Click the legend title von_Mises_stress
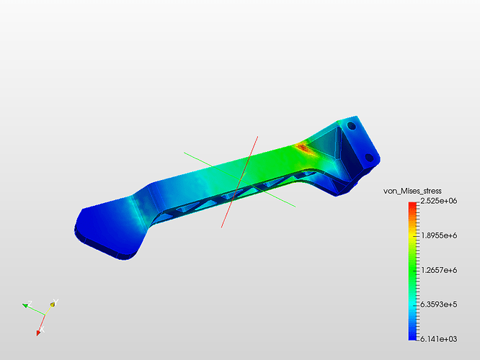click(412, 192)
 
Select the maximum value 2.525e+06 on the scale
click(439, 201)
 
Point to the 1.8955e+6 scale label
click(439, 235)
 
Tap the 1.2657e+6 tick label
click(439, 270)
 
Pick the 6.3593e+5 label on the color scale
click(439, 305)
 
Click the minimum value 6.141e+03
click(439, 339)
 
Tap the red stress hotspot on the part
click(303, 148)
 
